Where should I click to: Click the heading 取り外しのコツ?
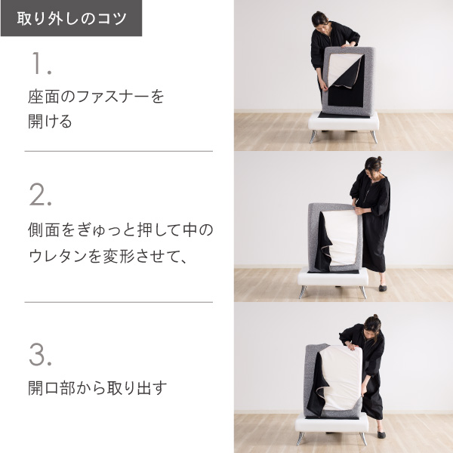point(72,18)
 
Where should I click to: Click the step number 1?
point(42,63)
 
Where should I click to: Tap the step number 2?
point(41,195)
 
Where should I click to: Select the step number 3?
point(41,355)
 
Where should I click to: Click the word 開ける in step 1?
point(50,122)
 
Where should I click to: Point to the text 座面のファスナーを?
point(96,97)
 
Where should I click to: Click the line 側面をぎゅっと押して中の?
point(121,230)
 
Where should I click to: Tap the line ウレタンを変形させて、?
point(108,256)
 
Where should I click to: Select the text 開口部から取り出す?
point(97,388)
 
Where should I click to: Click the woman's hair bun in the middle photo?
point(379,159)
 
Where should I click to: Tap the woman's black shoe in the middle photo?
point(383,288)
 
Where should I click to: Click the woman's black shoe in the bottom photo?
point(381,435)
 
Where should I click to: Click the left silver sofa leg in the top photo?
point(313,137)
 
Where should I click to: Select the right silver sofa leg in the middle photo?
point(363,292)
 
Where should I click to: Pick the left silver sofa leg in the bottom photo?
point(300,439)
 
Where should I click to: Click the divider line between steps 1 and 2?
point(119,151)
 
